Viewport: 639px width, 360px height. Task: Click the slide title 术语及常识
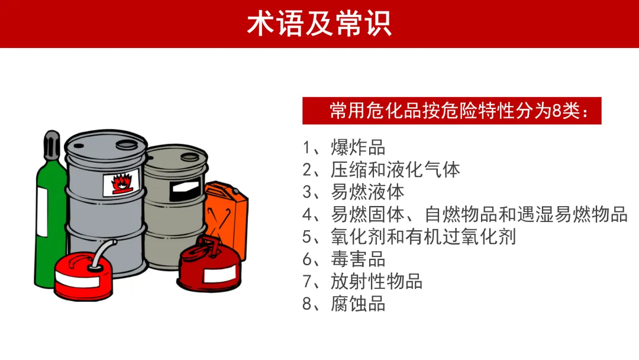319,24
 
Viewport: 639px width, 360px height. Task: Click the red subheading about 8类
451,111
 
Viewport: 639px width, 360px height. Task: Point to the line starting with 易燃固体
465,214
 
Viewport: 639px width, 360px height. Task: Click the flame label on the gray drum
121,182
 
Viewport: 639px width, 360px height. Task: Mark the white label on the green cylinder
42,212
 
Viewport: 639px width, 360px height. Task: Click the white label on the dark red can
220,275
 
